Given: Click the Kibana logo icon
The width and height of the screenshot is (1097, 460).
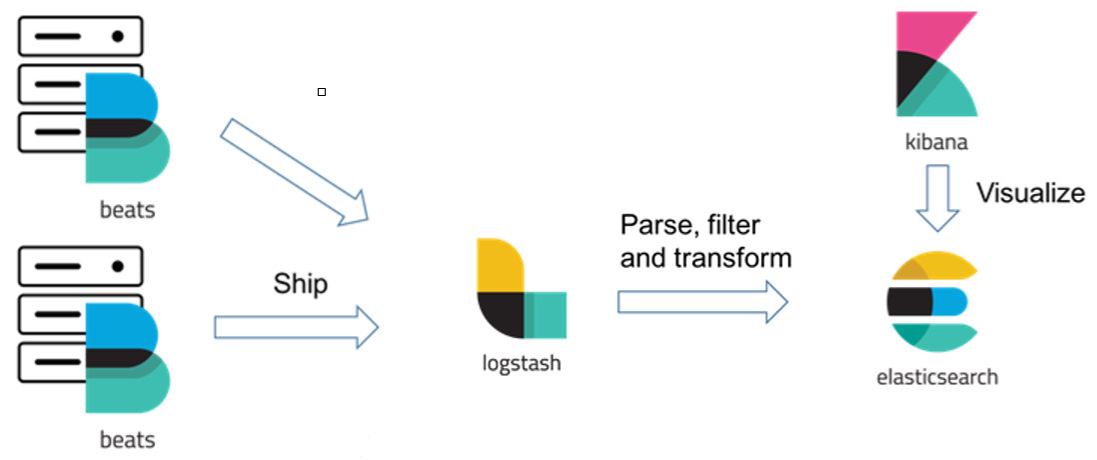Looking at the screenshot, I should coord(935,64).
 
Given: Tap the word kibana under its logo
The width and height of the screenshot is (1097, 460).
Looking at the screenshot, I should coord(935,143).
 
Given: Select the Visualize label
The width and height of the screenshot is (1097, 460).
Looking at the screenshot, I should coord(1030,193).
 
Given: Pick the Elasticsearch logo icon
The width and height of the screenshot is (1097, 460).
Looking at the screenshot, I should coord(930,301).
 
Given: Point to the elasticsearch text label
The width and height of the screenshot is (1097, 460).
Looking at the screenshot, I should coord(936,377).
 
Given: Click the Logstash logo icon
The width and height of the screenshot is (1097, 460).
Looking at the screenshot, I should coord(520,289).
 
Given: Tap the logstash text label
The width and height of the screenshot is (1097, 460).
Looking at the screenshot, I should coord(521,363).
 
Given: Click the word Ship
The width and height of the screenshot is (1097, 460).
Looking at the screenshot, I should coord(300,284).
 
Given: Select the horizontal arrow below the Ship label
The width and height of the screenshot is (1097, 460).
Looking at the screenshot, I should coord(296,327).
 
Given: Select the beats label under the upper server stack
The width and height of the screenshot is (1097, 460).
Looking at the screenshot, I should coord(127,211).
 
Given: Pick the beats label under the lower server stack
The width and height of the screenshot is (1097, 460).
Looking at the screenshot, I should coord(127,440).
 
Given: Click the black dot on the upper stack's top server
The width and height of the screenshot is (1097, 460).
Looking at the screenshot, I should coord(118,36).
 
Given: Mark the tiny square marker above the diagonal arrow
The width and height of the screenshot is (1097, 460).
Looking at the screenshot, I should coord(322,92).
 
